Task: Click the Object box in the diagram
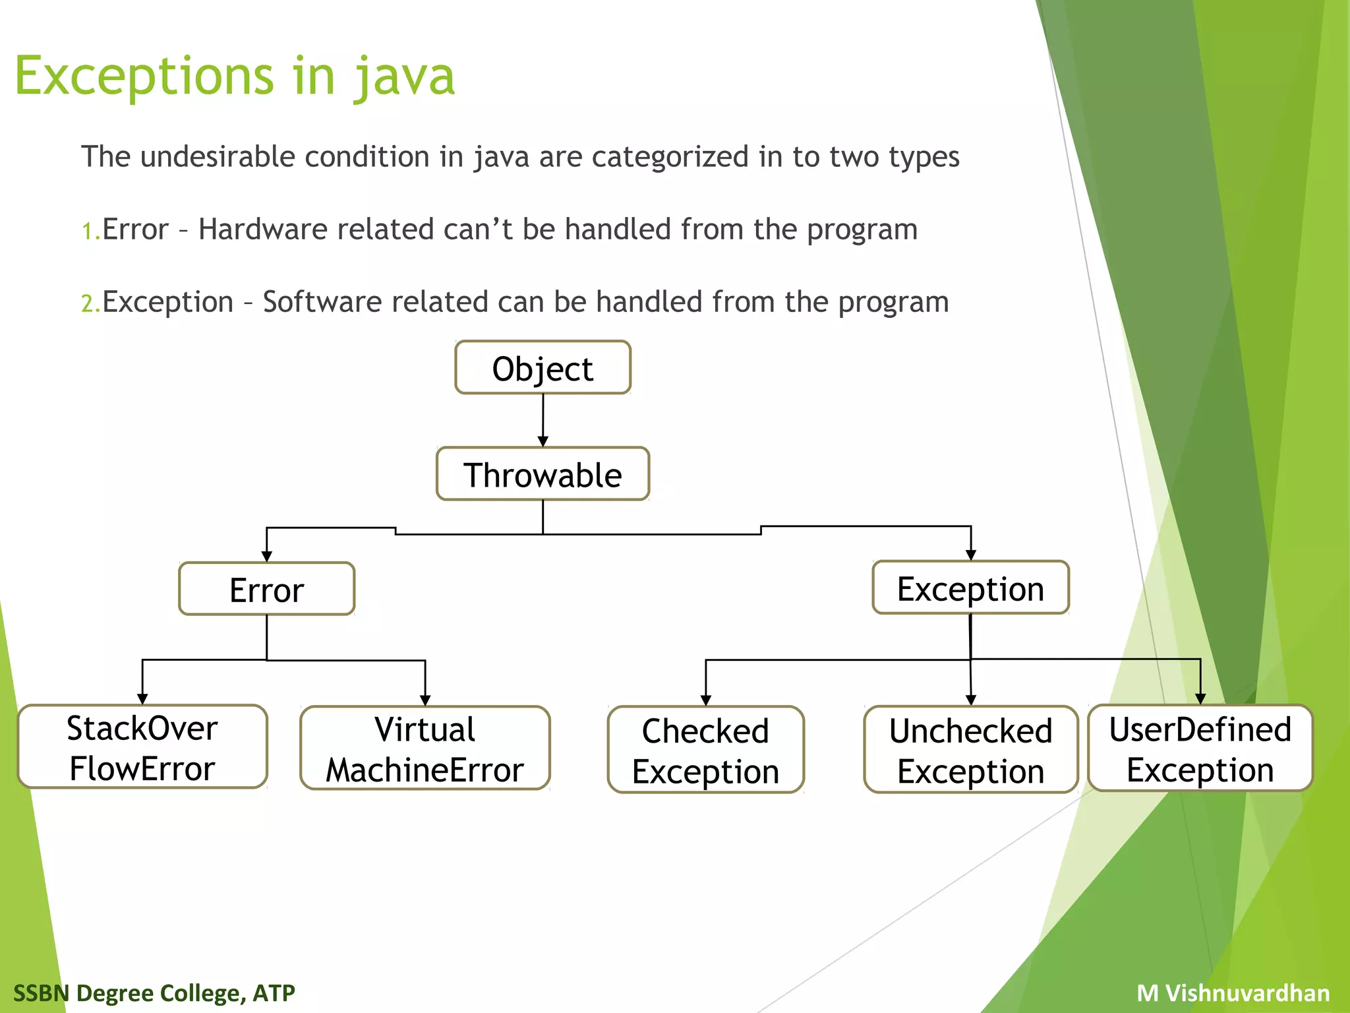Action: [543, 368]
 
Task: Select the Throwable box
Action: [543, 474]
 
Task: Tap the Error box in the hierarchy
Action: [266, 589]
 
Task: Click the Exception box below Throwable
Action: [970, 588]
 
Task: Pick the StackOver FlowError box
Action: [142, 747]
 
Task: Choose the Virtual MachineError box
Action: [425, 749]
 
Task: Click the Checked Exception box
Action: [705, 750]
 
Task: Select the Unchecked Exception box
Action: [970, 750]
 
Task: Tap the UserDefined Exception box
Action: [1200, 749]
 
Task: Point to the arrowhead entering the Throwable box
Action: [543, 441]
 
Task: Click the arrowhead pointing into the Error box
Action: [266, 556]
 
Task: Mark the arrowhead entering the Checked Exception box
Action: [705, 700]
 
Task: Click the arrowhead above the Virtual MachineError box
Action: [425, 700]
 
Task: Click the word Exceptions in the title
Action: [144, 76]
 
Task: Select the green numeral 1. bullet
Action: [90, 231]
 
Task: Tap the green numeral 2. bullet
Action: [90, 304]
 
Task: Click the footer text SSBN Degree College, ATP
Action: [154, 993]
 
